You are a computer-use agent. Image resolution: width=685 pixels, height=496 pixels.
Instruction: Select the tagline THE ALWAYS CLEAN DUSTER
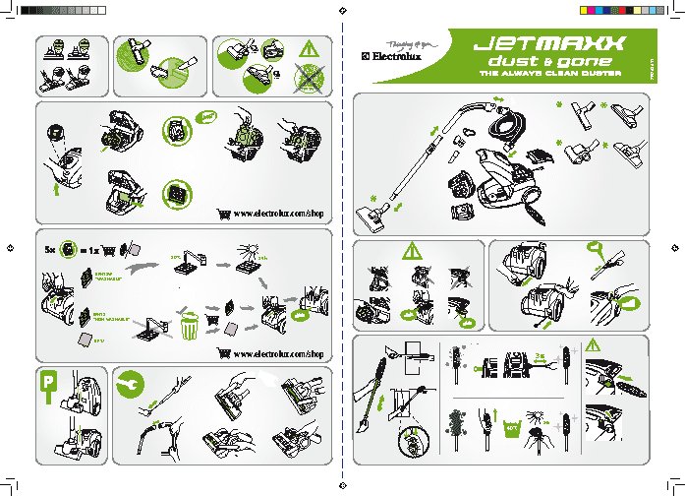tap(544, 75)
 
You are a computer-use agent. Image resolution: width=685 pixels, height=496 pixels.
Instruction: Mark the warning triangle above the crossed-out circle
tap(312, 48)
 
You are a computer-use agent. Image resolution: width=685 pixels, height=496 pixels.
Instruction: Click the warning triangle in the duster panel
tap(593, 344)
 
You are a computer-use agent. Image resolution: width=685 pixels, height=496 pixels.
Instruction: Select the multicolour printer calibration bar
tap(609, 10)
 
